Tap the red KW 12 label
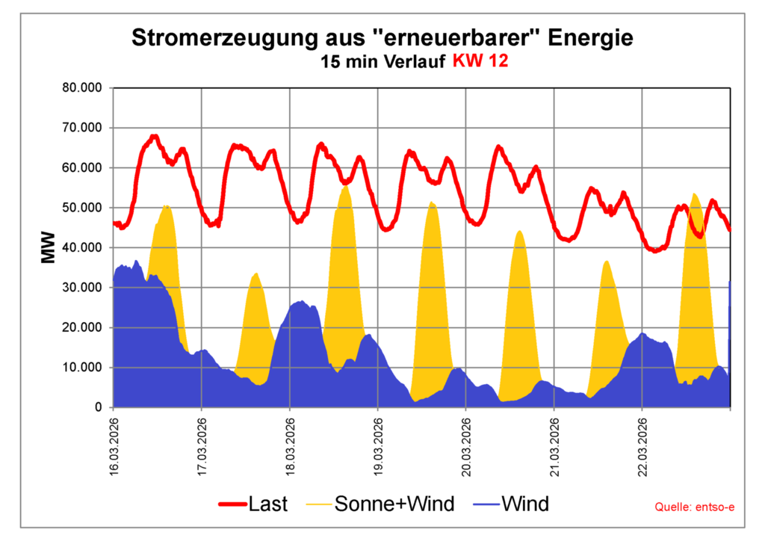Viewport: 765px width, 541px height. [x=480, y=62]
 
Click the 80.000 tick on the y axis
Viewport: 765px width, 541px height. [x=83, y=87]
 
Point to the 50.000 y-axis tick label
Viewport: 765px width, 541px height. [x=83, y=208]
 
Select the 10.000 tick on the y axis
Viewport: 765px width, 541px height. [x=83, y=368]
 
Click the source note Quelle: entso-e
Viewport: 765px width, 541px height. [x=695, y=507]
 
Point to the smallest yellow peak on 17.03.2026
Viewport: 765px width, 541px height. [x=255, y=274]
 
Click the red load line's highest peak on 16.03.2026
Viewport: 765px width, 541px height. [x=154, y=137]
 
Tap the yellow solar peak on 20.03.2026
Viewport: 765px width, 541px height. [x=520, y=232]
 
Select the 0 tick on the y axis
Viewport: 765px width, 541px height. [x=97, y=408]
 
